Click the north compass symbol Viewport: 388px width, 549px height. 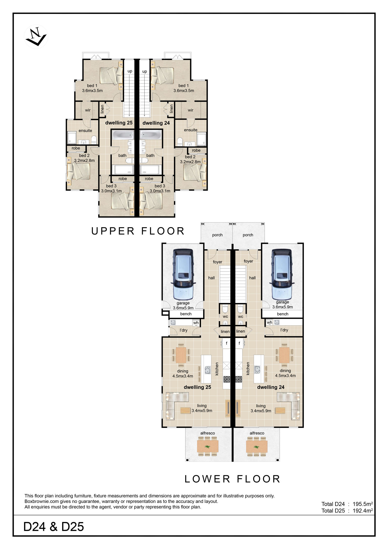[x=36, y=37]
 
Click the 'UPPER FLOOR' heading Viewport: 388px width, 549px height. [x=138, y=231]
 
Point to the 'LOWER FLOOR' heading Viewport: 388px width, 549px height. [x=232, y=479]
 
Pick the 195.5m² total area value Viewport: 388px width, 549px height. [x=363, y=504]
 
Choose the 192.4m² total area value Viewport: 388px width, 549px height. [x=363, y=511]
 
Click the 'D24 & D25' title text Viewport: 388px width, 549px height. [x=54, y=527]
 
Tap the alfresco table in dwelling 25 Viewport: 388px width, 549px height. [x=208, y=446]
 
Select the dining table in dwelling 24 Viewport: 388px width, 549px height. [x=284, y=355]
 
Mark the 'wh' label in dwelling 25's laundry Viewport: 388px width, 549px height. [x=196, y=323]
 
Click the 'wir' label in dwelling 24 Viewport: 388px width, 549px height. [x=191, y=110]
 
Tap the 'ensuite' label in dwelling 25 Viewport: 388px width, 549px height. [x=85, y=130]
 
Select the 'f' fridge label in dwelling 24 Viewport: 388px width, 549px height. [x=239, y=343]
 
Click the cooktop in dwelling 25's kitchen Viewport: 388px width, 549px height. [x=227, y=379]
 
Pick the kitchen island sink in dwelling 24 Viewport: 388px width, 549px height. [x=257, y=370]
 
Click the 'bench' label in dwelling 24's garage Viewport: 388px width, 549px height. [x=282, y=314]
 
